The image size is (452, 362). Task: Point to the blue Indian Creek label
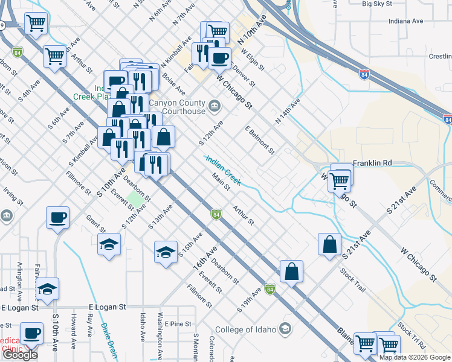tap(223, 169)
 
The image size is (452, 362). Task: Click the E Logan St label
tap(106, 307)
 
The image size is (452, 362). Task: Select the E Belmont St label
tap(260, 140)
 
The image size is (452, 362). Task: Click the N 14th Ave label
tap(287, 112)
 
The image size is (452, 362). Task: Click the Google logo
tap(20, 355)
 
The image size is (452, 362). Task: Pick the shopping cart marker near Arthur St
tap(54, 56)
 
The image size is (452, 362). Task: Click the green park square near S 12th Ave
tap(136, 198)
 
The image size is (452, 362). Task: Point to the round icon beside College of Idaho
tap(285, 329)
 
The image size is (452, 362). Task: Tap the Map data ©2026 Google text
tap(415, 357)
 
